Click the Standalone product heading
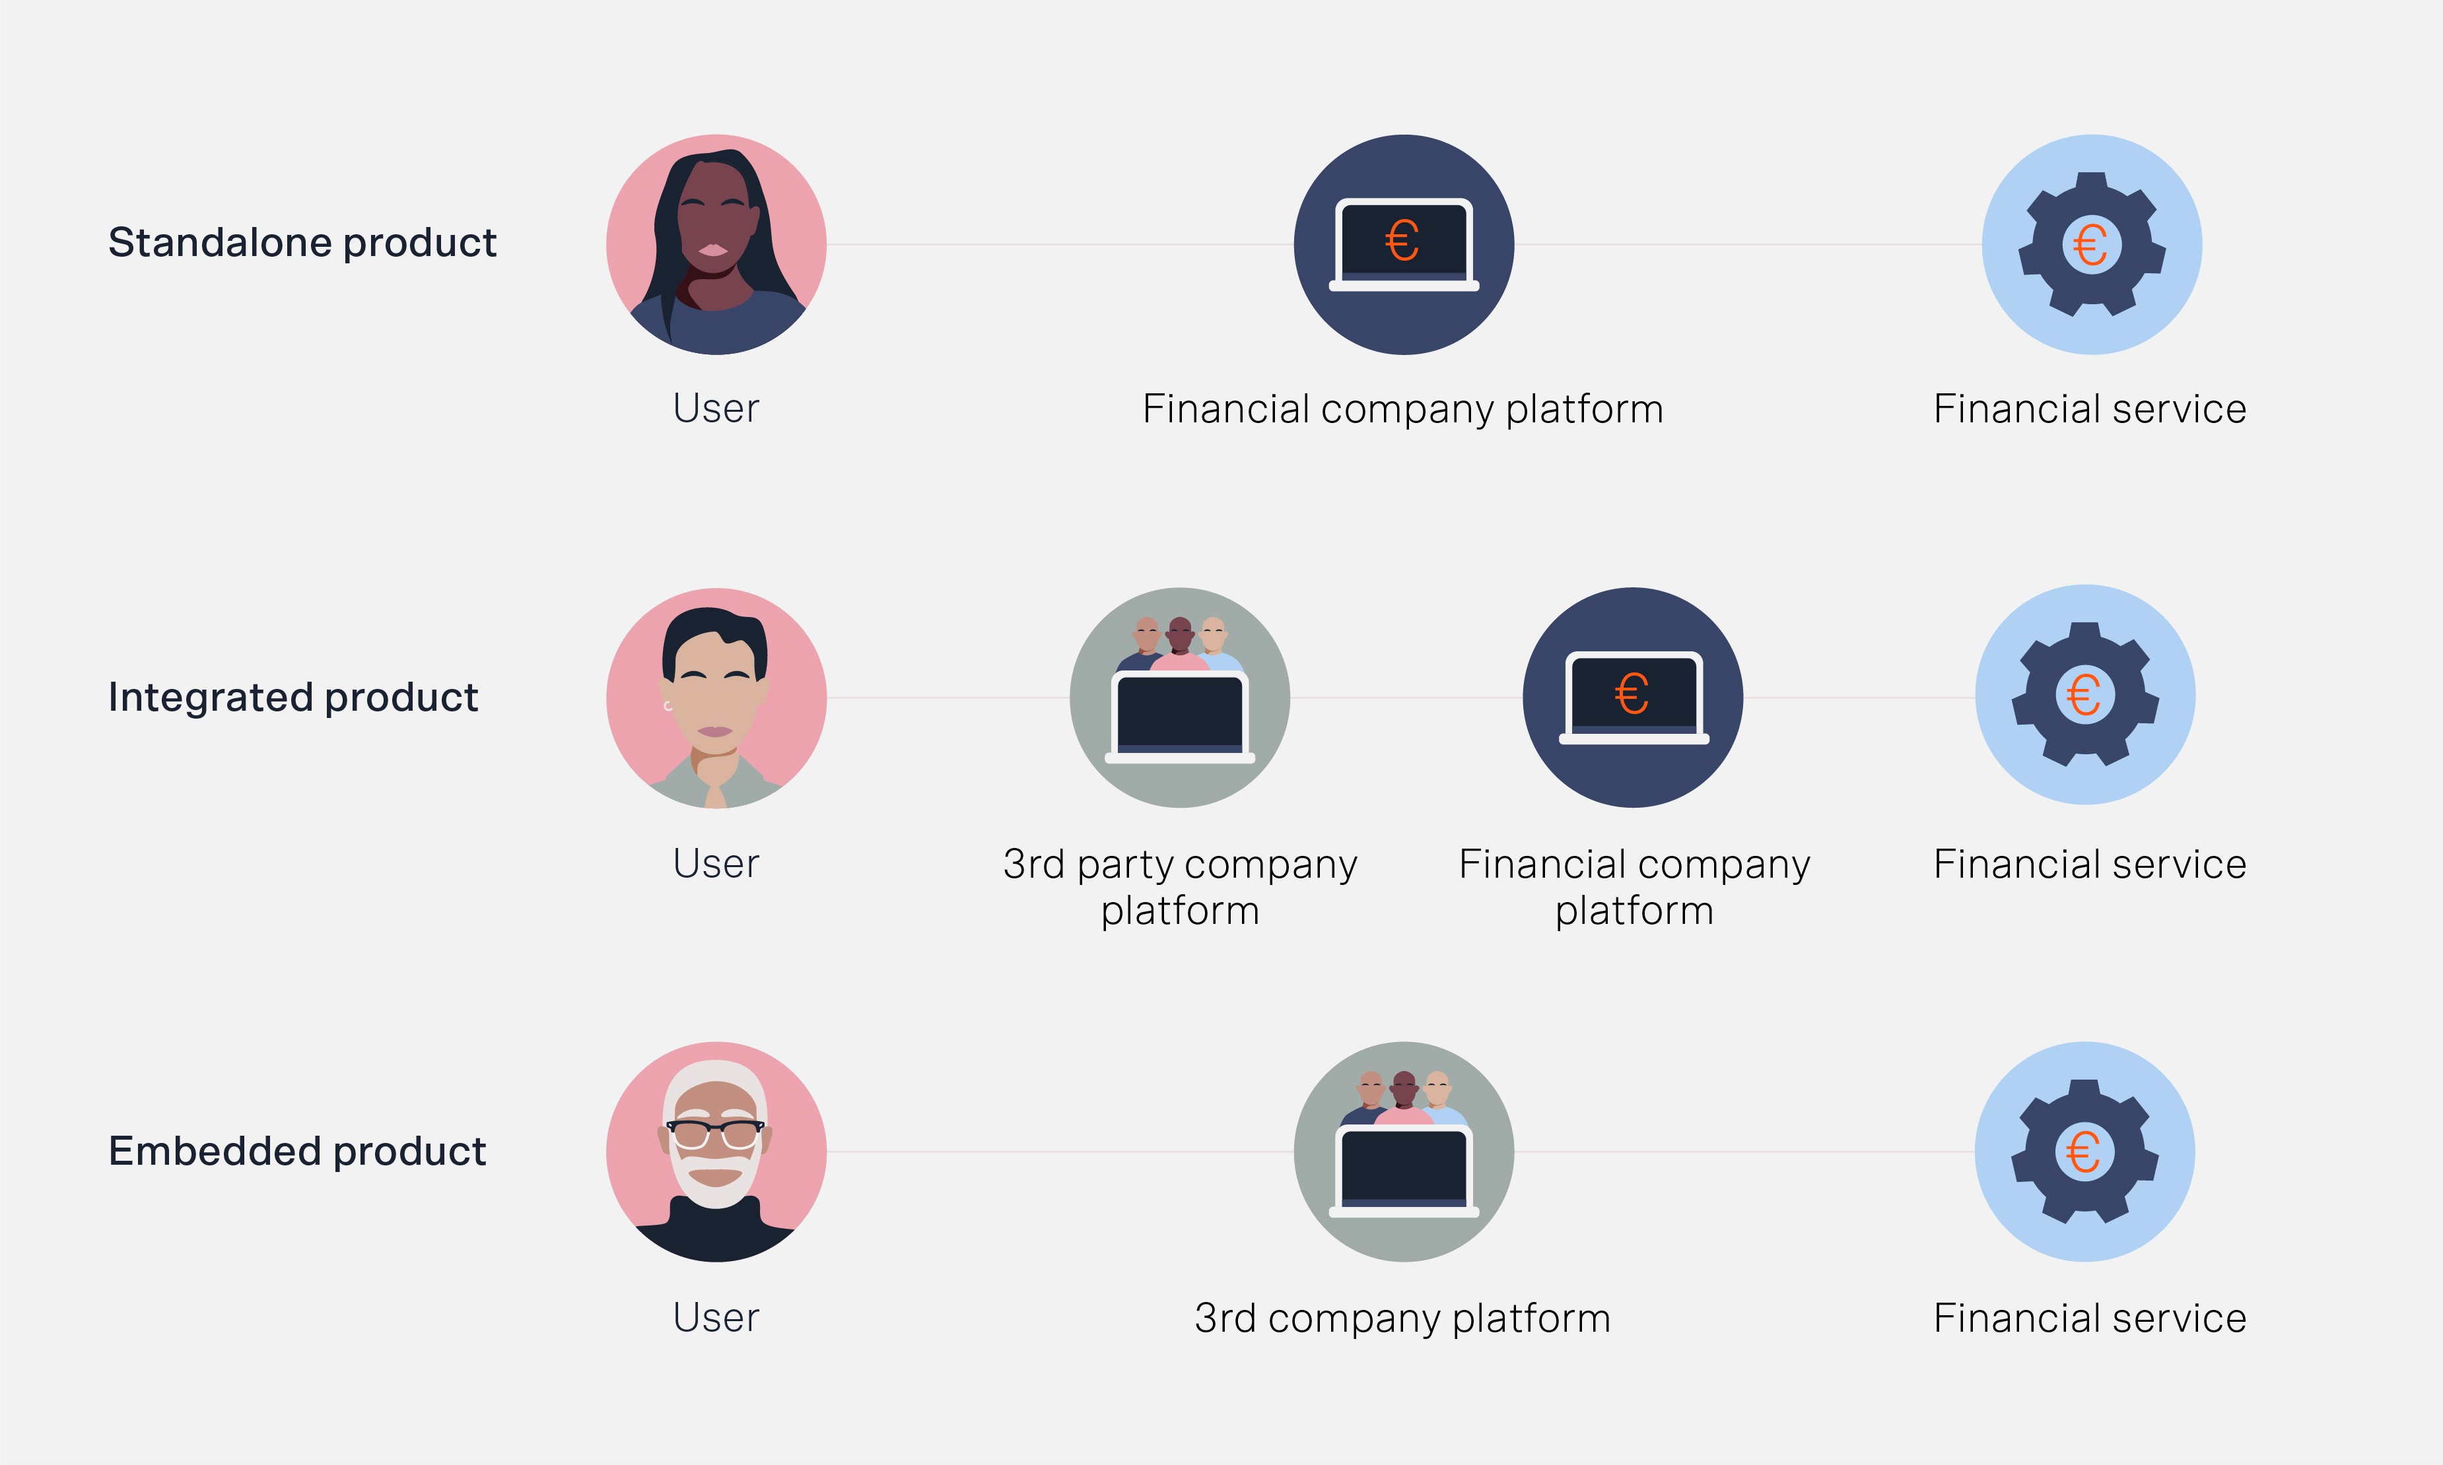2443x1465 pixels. pos(302,243)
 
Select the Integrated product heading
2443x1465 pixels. pos(293,697)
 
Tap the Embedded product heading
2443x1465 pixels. pos(297,1151)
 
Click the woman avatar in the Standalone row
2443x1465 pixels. pos(716,244)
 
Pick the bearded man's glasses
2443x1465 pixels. pos(715,1132)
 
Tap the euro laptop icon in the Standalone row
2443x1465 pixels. pos(1403,244)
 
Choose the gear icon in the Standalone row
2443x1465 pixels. pos(2092,244)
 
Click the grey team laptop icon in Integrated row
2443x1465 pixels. pos(1179,698)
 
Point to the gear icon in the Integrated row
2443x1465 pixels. pos(2084,694)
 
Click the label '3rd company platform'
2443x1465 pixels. pos(1402,1318)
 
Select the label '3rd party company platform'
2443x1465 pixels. pos(1180,886)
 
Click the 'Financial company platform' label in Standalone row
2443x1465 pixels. pos(1402,408)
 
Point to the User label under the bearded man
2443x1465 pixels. pos(716,1318)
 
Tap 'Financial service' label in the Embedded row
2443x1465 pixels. pos(2090,1318)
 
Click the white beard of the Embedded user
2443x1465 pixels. pos(715,1190)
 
